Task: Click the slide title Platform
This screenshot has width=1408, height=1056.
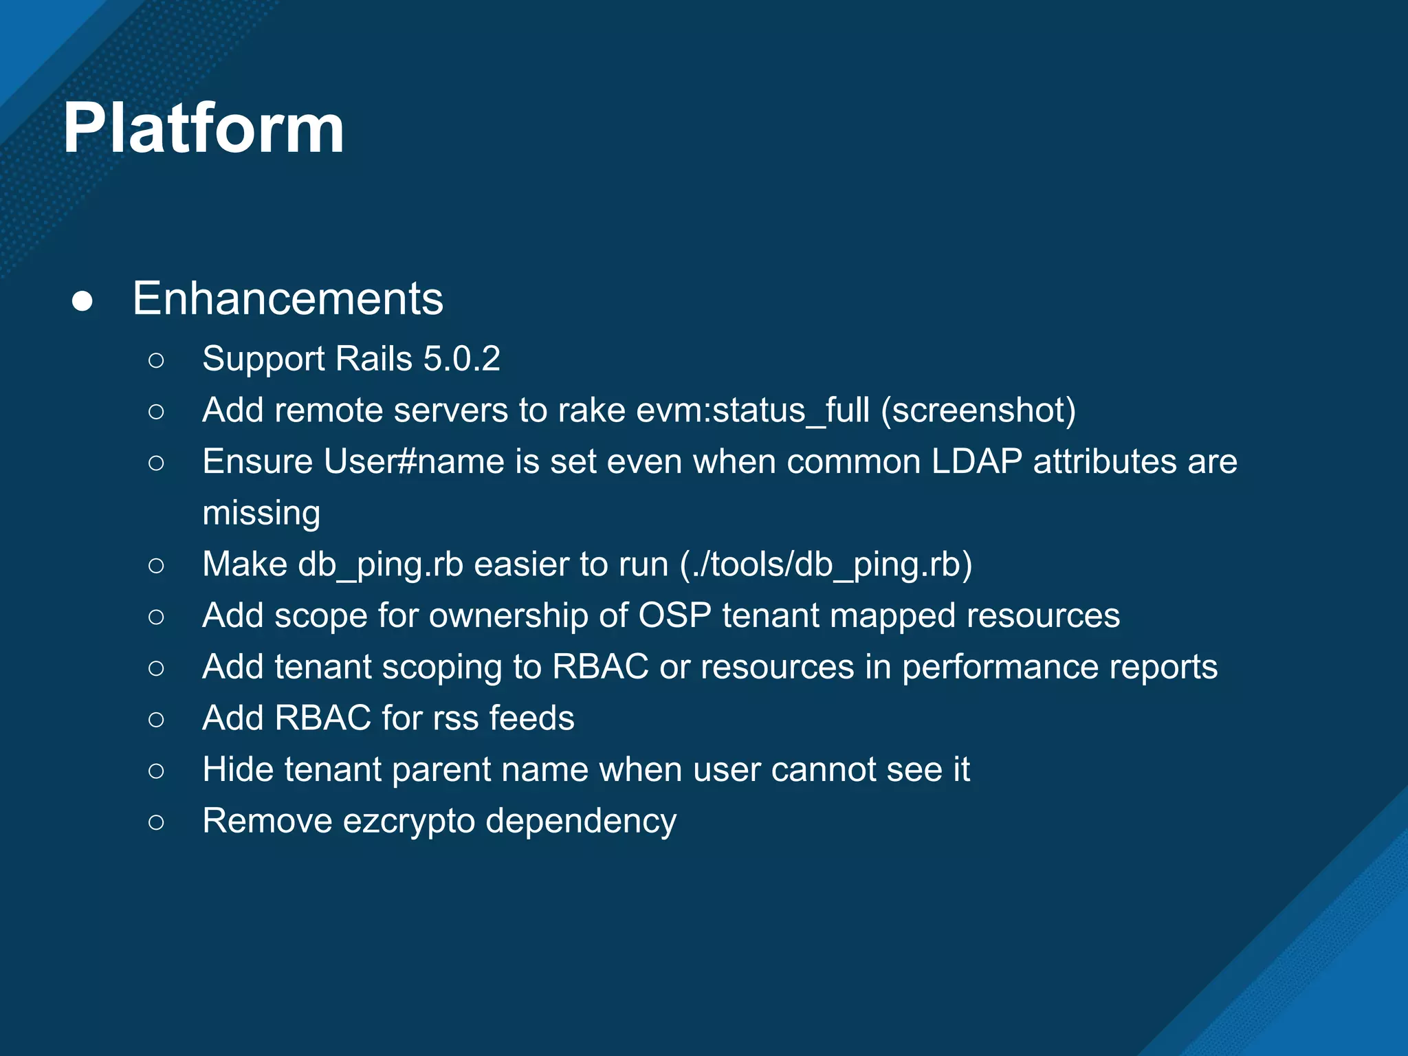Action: [x=203, y=129]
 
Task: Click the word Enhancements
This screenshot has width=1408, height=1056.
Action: [x=288, y=298]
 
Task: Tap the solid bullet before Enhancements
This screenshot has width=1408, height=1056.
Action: [x=82, y=301]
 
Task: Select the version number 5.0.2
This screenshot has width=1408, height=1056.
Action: [x=461, y=359]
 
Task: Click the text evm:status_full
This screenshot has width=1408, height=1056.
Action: [x=753, y=410]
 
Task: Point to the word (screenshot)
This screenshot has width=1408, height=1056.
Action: [x=978, y=410]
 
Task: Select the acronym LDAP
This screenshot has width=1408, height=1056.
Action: [x=976, y=461]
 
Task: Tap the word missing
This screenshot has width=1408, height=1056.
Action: [x=261, y=513]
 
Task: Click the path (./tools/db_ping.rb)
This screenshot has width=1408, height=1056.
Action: [x=826, y=564]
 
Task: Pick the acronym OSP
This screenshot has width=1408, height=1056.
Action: [x=674, y=615]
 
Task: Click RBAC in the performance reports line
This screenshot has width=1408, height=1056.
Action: [x=600, y=667]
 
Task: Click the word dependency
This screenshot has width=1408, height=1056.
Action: [x=581, y=822]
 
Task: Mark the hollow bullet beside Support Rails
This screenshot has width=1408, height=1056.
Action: [x=156, y=360]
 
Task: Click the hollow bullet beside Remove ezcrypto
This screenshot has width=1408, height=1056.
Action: [x=156, y=822]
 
